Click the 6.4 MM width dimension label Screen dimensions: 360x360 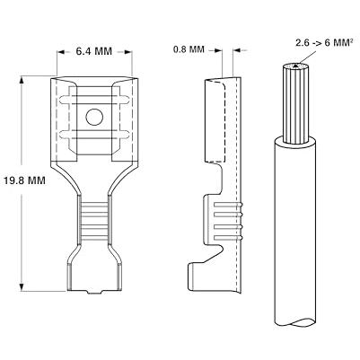[94, 51]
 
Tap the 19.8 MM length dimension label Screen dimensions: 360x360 [25, 180]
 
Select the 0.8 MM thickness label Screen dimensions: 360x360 [189, 49]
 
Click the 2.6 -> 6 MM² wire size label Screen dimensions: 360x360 [324, 42]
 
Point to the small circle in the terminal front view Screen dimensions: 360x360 [94, 118]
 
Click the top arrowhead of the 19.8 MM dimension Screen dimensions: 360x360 [22, 80]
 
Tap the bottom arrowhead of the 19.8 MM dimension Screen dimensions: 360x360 [22, 286]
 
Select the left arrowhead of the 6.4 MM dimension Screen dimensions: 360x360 [61, 52]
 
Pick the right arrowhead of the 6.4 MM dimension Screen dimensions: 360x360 [128, 52]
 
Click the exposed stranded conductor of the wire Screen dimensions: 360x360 [296, 103]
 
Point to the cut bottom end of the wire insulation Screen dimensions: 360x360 [295, 322]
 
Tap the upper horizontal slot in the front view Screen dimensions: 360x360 [94, 100]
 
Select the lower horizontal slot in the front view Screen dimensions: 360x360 [94, 135]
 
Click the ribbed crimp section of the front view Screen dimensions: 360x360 [94, 221]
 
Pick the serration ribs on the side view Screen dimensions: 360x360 [228, 222]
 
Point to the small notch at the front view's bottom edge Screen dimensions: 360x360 [94, 292]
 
